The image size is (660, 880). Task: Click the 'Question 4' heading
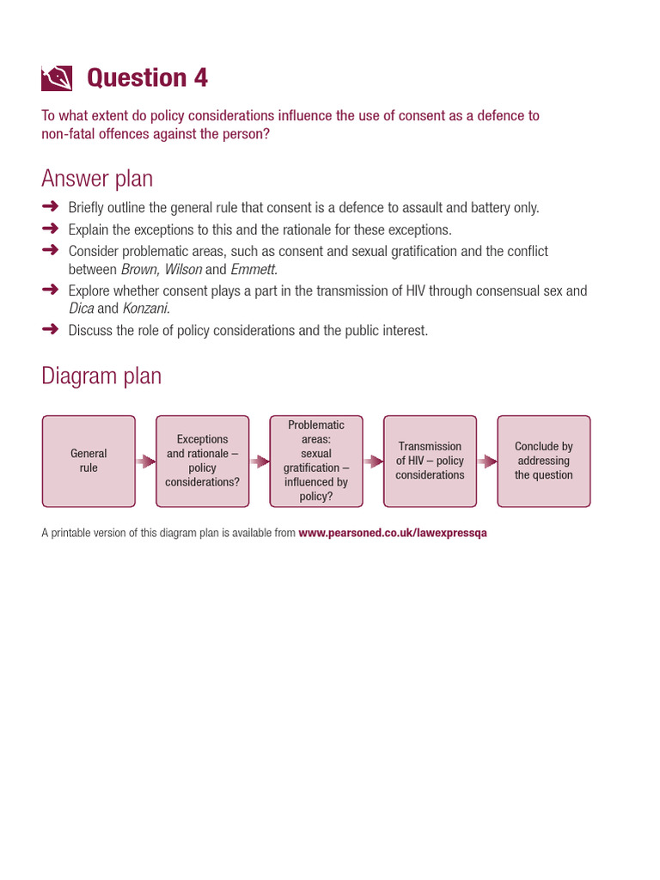point(147,78)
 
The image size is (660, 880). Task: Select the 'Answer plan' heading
point(97,179)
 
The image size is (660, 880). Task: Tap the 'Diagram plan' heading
point(101,376)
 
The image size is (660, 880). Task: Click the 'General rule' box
point(89,461)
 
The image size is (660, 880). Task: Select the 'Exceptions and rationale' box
point(203,461)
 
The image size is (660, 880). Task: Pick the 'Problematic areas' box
point(316,461)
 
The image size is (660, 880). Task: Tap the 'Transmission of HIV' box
point(430,461)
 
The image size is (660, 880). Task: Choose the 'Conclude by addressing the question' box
point(544,461)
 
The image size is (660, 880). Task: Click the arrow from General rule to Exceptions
point(145,461)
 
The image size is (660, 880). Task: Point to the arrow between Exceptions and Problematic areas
point(260,461)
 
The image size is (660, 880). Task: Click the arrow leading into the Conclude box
point(487,461)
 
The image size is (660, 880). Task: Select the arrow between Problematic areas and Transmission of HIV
point(373,461)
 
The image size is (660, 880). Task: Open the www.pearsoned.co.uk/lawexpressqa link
point(393,533)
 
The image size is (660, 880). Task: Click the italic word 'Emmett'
point(254,270)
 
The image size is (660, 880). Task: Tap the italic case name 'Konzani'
point(146,309)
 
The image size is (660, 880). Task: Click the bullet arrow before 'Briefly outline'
point(51,206)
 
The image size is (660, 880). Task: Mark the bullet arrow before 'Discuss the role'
point(51,329)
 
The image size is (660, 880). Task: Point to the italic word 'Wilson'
point(182,270)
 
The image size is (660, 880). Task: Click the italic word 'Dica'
point(82,309)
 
